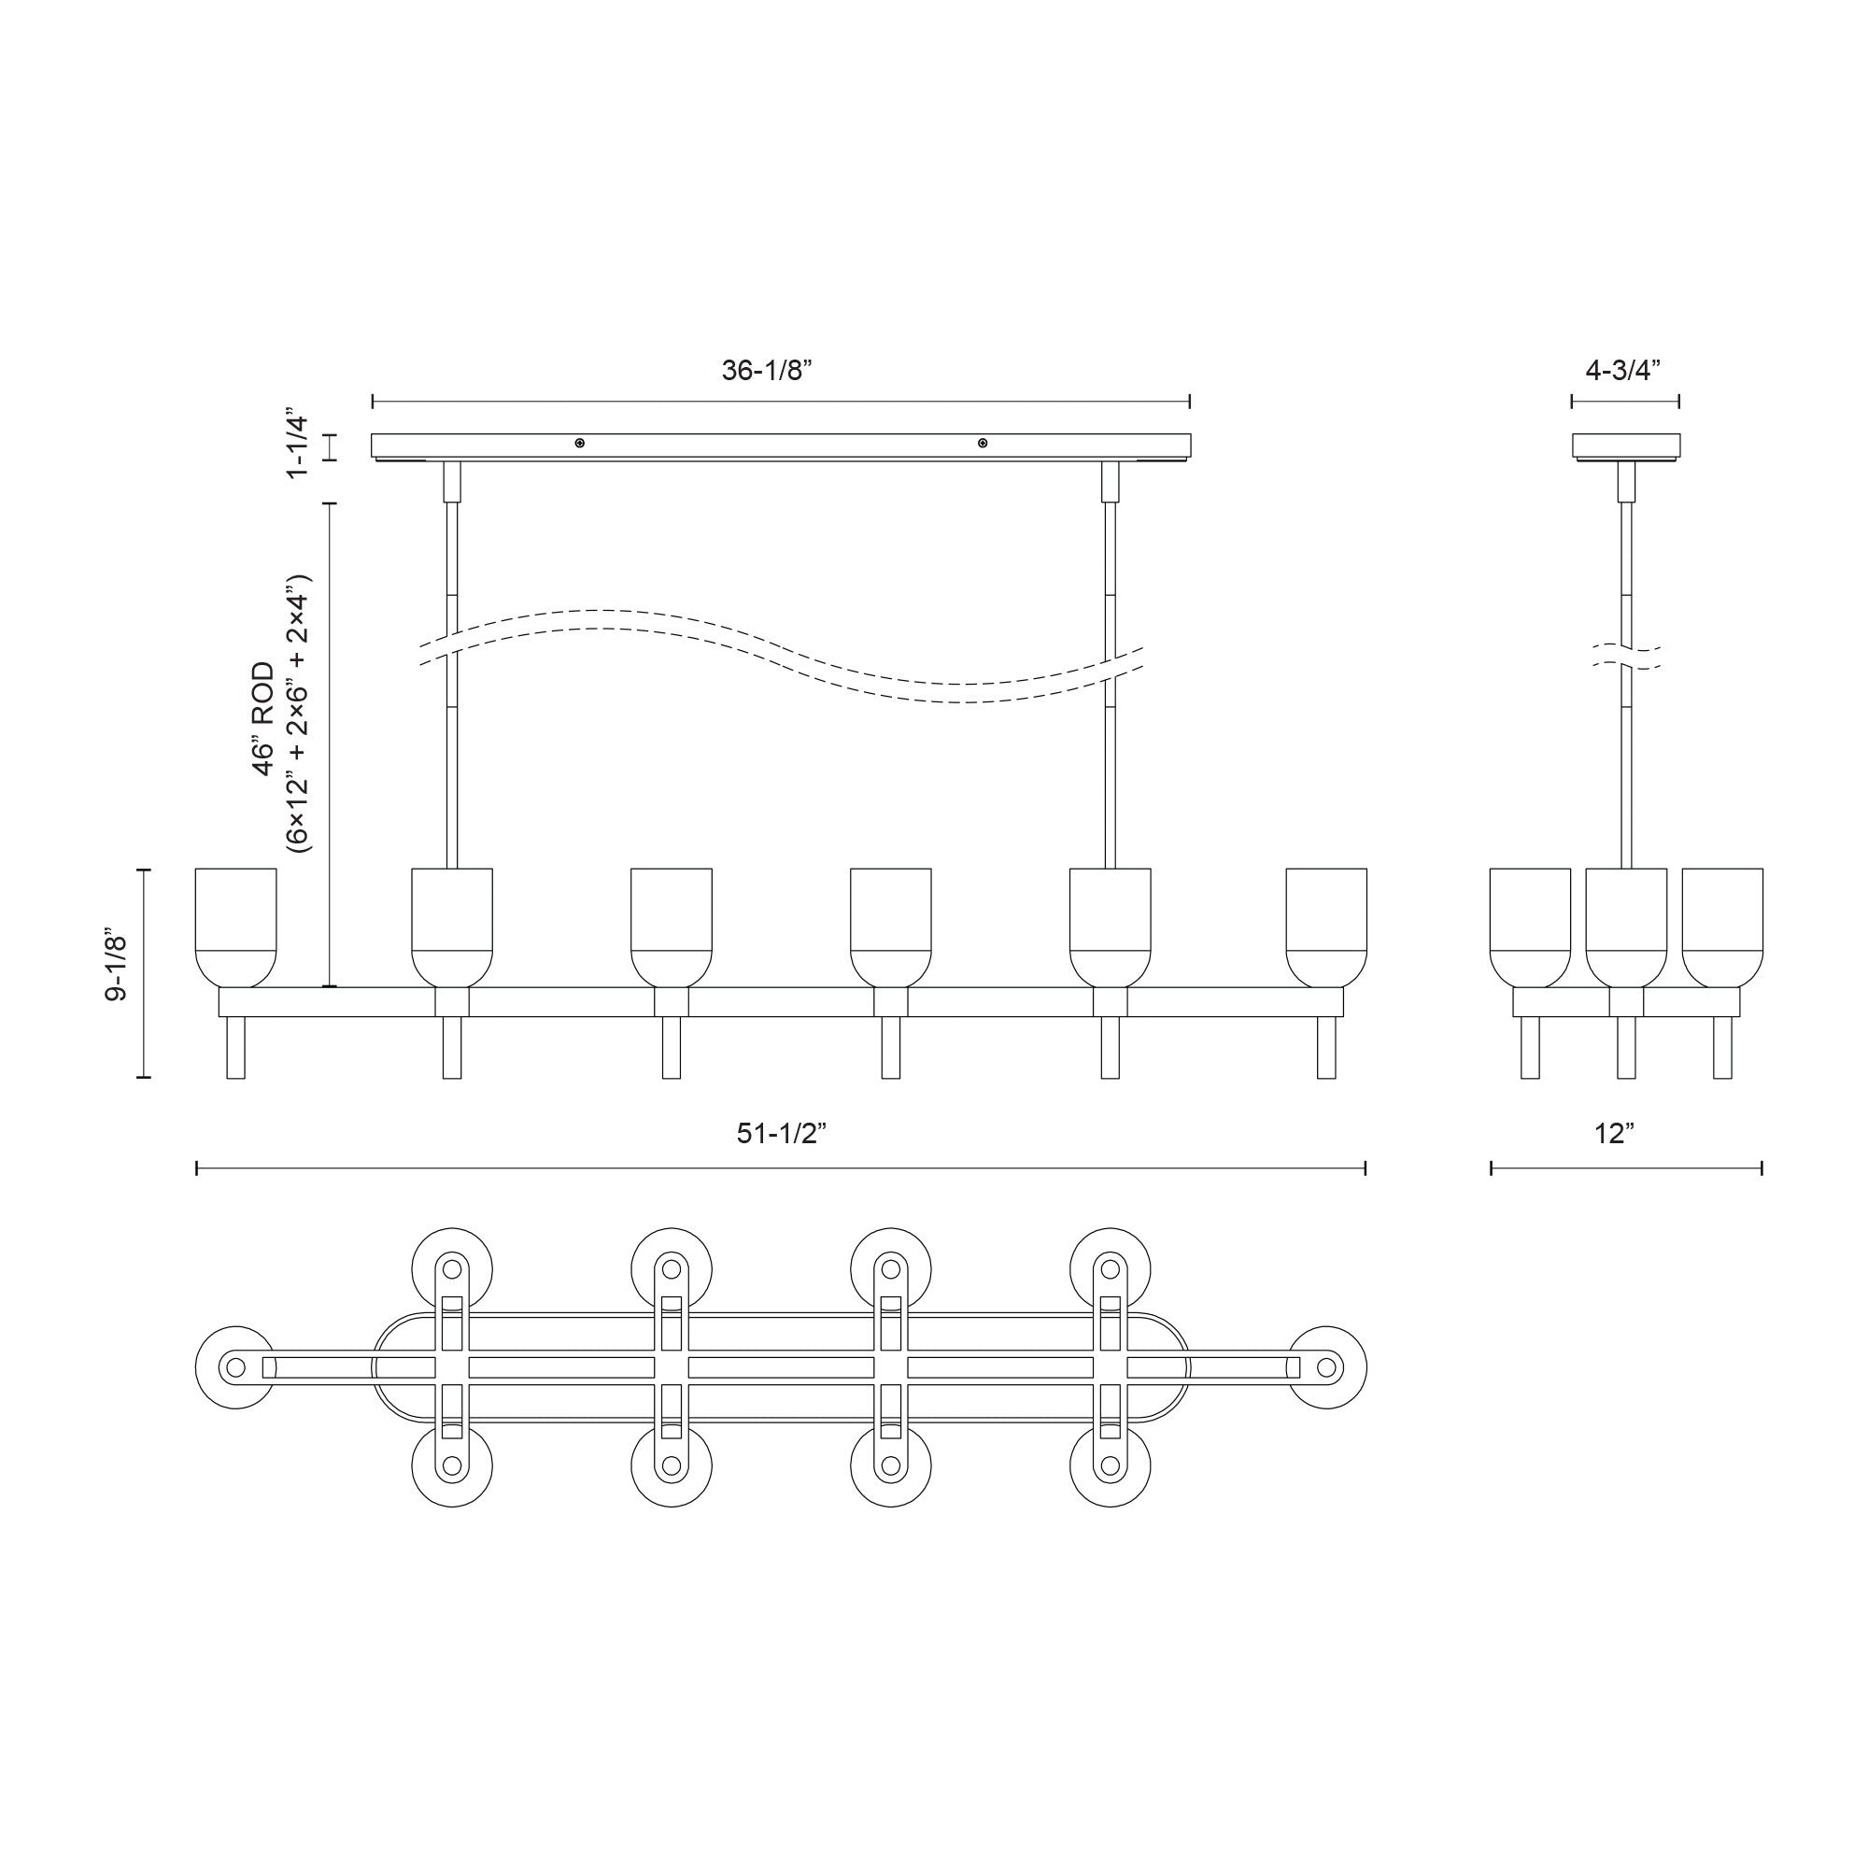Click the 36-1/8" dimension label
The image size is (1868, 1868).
pyautogui.click(x=767, y=372)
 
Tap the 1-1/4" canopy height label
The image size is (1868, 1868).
pyautogui.click(x=297, y=446)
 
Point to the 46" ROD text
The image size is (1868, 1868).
pyautogui.click(x=263, y=718)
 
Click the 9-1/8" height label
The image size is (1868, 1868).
pyautogui.click(x=117, y=968)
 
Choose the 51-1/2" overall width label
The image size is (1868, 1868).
pyautogui.click(x=780, y=1133)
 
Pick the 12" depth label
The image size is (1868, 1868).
pyautogui.click(x=1614, y=1133)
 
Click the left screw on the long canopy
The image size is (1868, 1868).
pyautogui.click(x=579, y=443)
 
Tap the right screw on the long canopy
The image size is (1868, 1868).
pyautogui.click(x=983, y=443)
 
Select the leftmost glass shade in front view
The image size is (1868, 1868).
pyautogui.click(x=236, y=927)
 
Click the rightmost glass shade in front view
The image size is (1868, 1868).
pyautogui.click(x=1325, y=927)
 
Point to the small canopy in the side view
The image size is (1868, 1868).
pyautogui.click(x=1625, y=446)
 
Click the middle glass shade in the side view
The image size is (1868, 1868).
pyautogui.click(x=1625, y=927)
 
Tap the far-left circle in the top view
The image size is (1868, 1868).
pyautogui.click(x=235, y=1367)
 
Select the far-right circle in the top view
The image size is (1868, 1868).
pyautogui.click(x=1326, y=1367)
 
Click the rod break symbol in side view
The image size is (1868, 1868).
pyautogui.click(x=1626, y=657)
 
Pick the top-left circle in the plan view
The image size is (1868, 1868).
pyautogui.click(x=452, y=1268)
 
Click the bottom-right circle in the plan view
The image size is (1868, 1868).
pyautogui.click(x=1110, y=1465)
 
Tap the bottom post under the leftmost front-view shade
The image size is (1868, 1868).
pyautogui.click(x=236, y=1047)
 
